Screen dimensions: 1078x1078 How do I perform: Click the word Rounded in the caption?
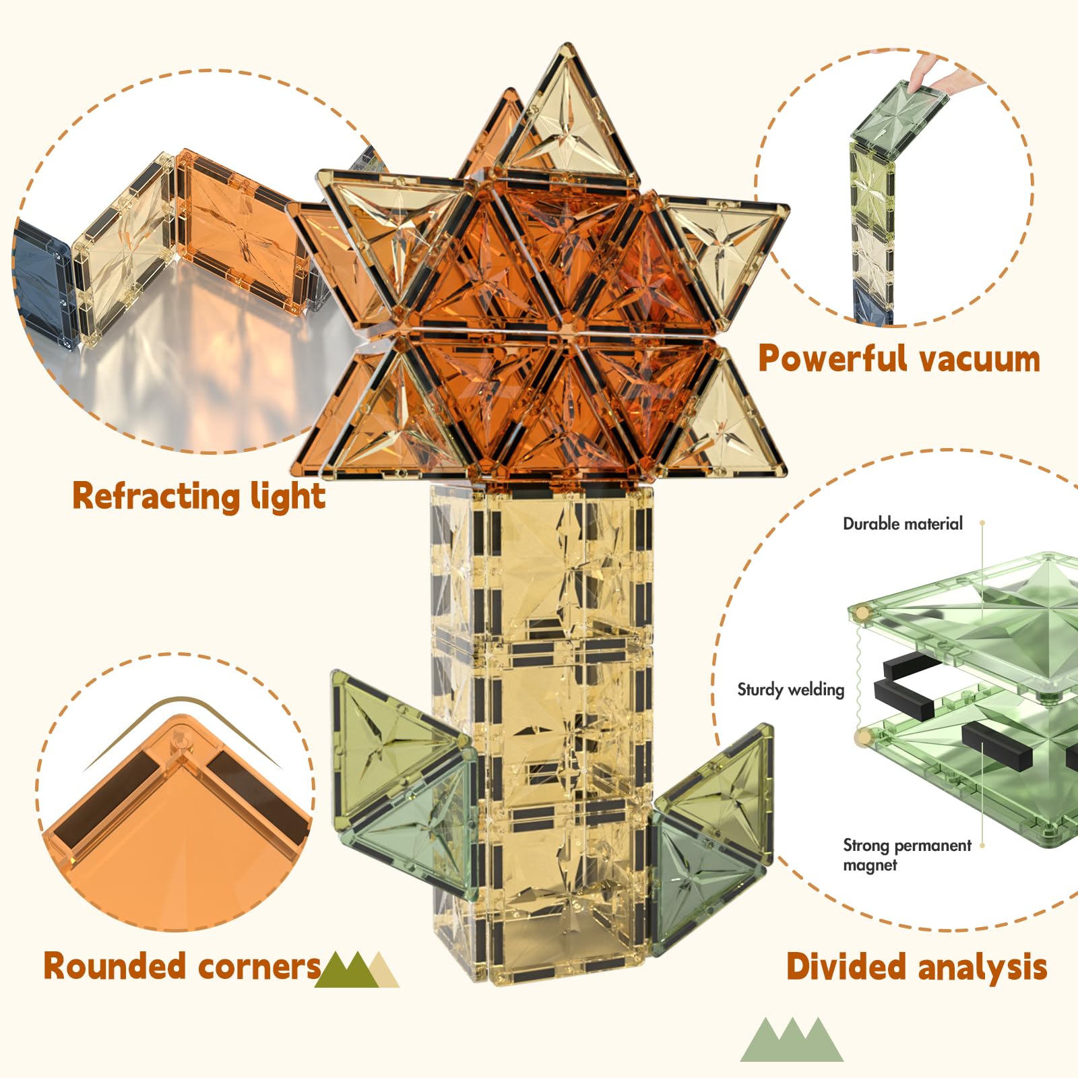(x=115, y=966)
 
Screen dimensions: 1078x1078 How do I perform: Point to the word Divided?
(x=846, y=967)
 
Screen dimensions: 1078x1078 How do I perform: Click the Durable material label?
(x=902, y=524)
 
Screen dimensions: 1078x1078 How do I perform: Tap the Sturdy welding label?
(x=790, y=689)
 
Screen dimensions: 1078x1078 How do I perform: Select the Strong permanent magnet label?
(x=906, y=854)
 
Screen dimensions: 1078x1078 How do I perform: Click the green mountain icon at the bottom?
(x=792, y=1041)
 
